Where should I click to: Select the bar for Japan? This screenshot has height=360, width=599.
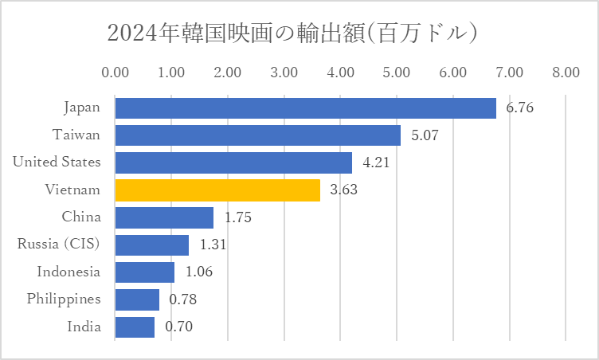coord(305,108)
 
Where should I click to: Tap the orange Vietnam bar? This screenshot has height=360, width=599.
coord(217,190)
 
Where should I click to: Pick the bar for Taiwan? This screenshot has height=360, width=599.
coord(257,135)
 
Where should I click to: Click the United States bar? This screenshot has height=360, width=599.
coord(233,162)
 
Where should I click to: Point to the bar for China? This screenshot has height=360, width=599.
coord(164,217)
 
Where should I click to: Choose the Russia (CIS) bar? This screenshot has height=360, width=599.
coord(151,245)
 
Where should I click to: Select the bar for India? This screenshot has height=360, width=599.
coord(135,327)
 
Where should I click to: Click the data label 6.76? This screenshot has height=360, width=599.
coord(519,108)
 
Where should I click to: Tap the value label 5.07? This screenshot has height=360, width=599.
coord(425,135)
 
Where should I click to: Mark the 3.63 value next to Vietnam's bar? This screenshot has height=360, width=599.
coord(344,190)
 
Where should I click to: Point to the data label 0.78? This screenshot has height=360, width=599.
coord(182,299)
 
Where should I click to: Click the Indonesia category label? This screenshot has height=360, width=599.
coord(69,272)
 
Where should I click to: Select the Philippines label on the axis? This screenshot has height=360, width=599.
coord(64,299)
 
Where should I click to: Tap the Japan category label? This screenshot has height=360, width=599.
coord(81,107)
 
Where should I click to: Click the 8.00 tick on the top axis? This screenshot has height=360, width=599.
coord(565,72)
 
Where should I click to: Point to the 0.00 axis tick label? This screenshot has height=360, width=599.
coord(115,72)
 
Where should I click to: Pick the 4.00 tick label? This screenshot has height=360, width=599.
coord(340,72)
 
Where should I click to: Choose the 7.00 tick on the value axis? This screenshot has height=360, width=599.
coord(509,72)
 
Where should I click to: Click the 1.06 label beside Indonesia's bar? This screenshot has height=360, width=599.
coord(199,272)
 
